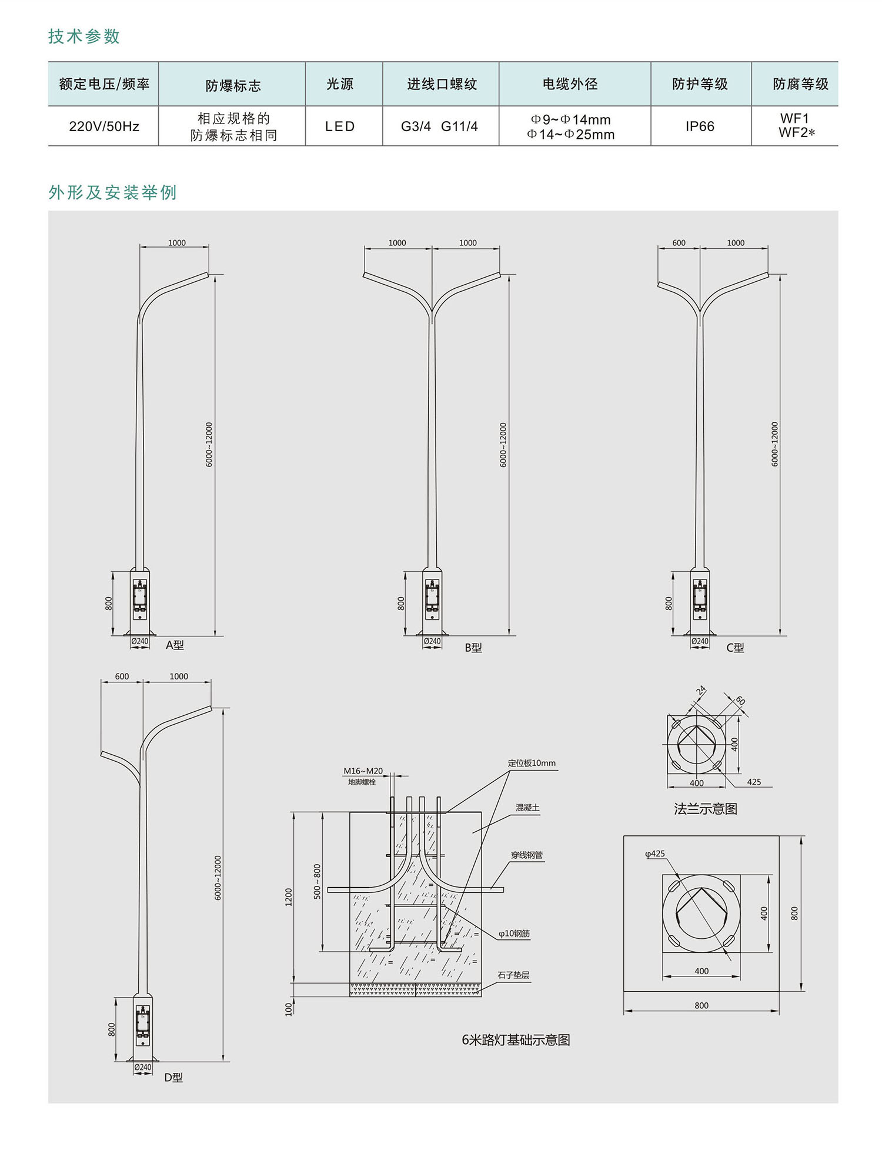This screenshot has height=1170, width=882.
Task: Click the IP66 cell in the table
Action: tap(700, 126)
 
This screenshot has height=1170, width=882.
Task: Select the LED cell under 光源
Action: tap(340, 126)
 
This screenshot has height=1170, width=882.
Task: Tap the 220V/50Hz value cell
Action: tap(104, 126)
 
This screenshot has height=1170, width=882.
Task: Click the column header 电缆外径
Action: tap(570, 84)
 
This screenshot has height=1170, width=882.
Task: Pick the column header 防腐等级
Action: tap(800, 84)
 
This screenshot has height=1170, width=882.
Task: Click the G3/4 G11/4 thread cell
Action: tap(439, 126)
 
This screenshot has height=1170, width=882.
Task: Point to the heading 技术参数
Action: tap(84, 36)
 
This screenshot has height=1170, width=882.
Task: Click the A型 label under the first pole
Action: tap(175, 645)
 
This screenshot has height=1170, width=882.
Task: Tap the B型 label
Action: tap(473, 648)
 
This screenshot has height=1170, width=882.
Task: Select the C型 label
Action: tap(735, 648)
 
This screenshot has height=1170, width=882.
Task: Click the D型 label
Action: tap(173, 1078)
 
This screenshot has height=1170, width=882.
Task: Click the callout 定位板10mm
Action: tap(532, 764)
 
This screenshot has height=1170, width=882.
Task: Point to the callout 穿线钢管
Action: tap(527, 855)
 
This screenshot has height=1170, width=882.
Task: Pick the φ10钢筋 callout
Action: tap(514, 934)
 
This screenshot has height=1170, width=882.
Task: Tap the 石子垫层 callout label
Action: tap(513, 975)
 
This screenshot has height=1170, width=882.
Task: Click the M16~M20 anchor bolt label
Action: tap(363, 771)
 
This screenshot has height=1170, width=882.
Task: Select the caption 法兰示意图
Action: tap(706, 809)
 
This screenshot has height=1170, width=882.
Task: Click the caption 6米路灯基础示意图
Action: tap(516, 1040)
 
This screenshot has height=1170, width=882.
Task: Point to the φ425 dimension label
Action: tap(655, 854)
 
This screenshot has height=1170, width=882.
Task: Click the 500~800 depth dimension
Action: tap(318, 881)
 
